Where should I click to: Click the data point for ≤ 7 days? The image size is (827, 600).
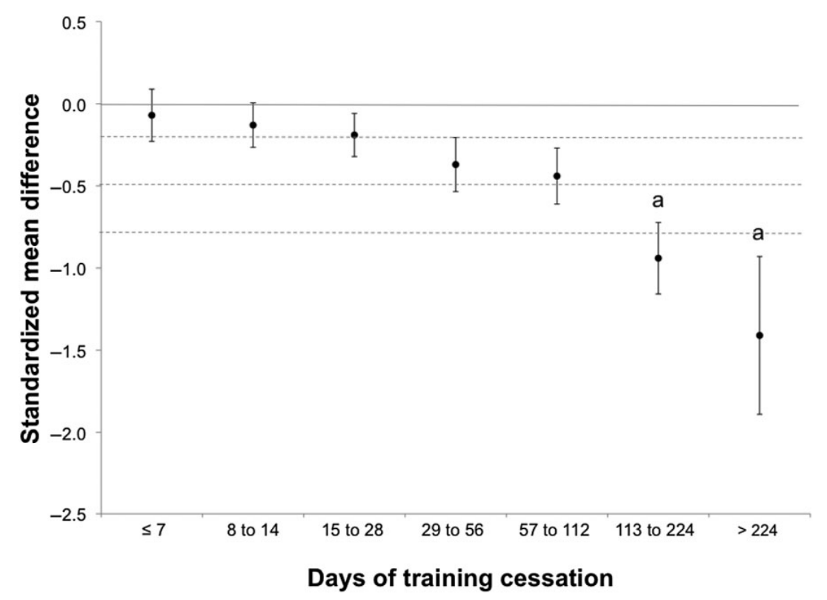(x=152, y=116)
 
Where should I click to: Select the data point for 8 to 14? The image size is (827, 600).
(x=253, y=125)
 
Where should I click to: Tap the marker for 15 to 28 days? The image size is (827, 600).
(x=354, y=135)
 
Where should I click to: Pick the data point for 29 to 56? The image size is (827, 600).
(x=456, y=164)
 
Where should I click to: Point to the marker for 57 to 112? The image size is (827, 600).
(x=557, y=176)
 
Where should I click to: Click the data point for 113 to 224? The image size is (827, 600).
(x=658, y=258)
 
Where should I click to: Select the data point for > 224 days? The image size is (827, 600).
(x=759, y=336)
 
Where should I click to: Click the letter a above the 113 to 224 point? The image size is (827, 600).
(x=657, y=201)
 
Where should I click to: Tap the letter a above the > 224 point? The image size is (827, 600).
(x=758, y=235)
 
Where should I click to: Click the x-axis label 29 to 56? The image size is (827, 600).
(x=455, y=531)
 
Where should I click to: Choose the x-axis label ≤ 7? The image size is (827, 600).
(x=152, y=531)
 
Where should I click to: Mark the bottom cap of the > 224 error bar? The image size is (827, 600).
(x=759, y=414)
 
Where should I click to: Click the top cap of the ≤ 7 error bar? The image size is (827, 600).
(x=152, y=89)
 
